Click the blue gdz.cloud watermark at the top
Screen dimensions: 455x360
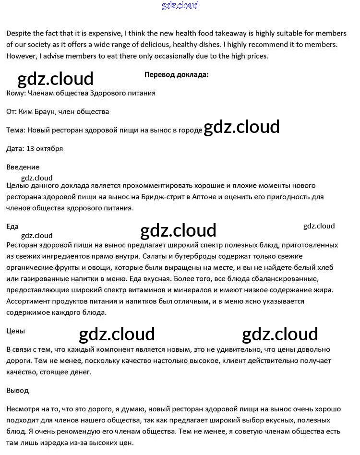tap(180, 6)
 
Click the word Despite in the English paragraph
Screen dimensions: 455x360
tap(20, 34)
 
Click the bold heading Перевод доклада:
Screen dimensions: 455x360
tap(176, 74)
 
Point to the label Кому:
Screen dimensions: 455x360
tap(16, 93)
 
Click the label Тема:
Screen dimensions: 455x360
tap(16, 130)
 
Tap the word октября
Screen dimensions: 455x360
tap(50, 148)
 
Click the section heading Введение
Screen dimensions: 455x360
tap(23, 167)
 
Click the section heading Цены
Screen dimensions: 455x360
tap(15, 331)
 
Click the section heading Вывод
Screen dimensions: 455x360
tap(18, 390)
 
